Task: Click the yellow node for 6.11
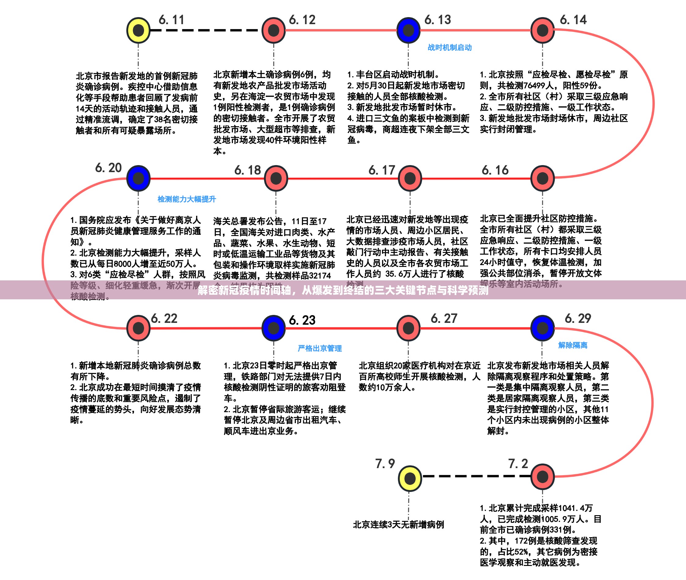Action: click(x=139, y=31)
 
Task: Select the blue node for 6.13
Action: click(x=408, y=31)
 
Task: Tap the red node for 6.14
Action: click(x=543, y=31)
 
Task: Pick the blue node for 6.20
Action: click(x=139, y=178)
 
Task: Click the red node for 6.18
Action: click(x=276, y=178)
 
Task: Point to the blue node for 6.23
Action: click(x=274, y=328)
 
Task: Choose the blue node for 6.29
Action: click(x=543, y=328)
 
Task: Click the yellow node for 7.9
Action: click(x=410, y=478)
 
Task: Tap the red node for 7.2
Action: click(x=543, y=476)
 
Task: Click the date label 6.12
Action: click(x=302, y=20)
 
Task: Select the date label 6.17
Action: click(x=381, y=170)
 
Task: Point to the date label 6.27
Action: click(x=444, y=318)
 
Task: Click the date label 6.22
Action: click(x=164, y=318)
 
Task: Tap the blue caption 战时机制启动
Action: click(x=450, y=48)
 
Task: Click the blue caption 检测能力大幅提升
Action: click(x=187, y=199)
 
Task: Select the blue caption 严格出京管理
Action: click(x=320, y=348)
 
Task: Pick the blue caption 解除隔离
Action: click(x=573, y=345)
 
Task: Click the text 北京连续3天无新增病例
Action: click(x=398, y=525)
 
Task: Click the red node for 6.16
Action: click(x=543, y=178)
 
